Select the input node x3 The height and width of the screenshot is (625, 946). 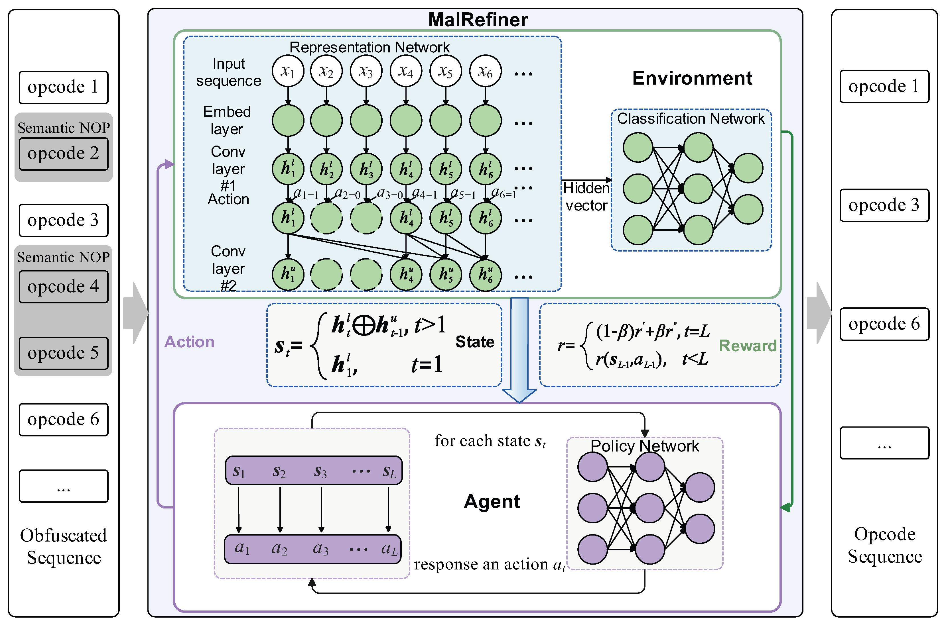(366, 71)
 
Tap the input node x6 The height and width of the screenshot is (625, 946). (485, 71)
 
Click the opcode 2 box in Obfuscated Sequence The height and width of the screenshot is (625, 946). (63, 154)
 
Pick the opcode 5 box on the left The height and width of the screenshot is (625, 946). (63, 353)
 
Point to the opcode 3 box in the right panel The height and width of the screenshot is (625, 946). (884, 205)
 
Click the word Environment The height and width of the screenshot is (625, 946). (692, 78)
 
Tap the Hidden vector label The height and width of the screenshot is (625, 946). (586, 197)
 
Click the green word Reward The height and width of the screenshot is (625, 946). (747, 346)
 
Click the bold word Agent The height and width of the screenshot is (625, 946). (492, 501)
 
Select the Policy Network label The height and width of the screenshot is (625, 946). (644, 446)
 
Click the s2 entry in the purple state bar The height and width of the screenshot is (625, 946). (279, 471)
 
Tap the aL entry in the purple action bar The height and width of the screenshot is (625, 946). (389, 549)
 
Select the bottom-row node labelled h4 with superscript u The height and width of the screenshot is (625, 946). (406, 274)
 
